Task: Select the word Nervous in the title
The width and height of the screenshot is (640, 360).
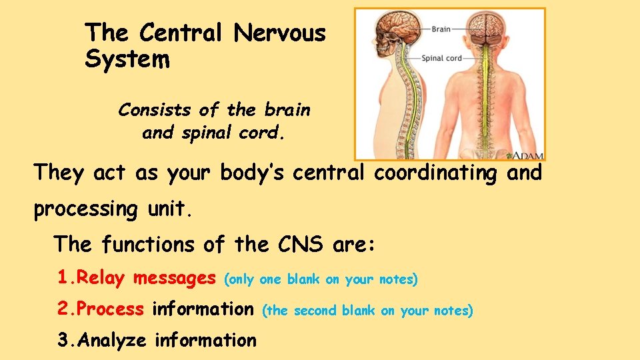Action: pyautogui.click(x=280, y=32)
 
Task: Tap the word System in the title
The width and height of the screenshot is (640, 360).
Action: pyautogui.click(x=127, y=60)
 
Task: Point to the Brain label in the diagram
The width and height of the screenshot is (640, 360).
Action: pyautogui.click(x=441, y=29)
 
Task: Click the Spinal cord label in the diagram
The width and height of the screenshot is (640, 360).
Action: pyautogui.click(x=442, y=59)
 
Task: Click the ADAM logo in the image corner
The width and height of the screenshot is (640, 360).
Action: pyautogui.click(x=527, y=155)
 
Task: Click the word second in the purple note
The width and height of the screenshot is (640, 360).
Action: pyautogui.click(x=315, y=311)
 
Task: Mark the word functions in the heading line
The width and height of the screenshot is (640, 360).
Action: pyautogui.click(x=150, y=245)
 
